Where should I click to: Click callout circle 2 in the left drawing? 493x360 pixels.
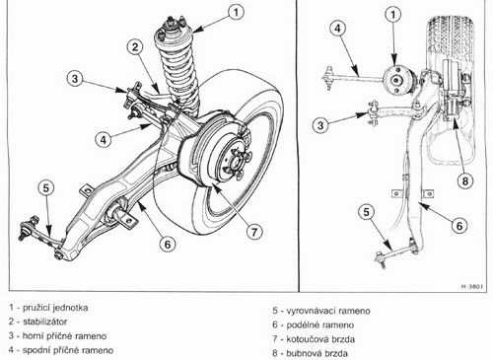point(135,47)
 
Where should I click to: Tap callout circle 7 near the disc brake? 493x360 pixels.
point(254,232)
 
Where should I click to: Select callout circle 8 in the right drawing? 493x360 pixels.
point(465,180)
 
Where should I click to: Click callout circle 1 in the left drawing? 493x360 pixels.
point(236,13)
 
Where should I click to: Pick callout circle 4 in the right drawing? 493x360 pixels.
point(338,29)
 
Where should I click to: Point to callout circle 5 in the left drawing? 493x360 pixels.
point(46,187)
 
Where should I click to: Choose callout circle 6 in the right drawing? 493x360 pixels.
point(459,226)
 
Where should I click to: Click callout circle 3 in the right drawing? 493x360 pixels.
point(320,125)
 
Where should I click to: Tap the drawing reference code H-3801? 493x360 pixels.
point(472,286)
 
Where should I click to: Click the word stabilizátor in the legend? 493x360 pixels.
point(44,322)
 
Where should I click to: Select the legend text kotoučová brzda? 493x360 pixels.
point(320,339)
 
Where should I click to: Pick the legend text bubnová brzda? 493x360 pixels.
point(317,353)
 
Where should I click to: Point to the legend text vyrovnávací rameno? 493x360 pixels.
point(328,311)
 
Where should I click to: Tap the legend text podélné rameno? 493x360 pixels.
point(320,324)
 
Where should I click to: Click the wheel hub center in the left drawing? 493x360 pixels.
point(236,162)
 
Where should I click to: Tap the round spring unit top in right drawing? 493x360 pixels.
point(396,80)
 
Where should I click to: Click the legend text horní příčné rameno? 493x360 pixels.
point(64,336)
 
